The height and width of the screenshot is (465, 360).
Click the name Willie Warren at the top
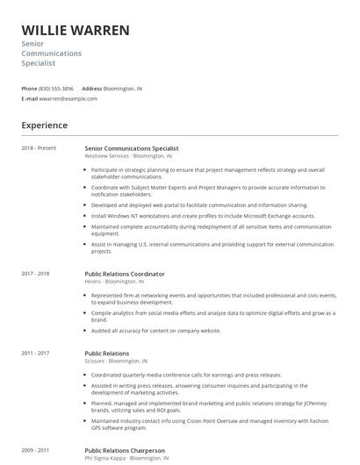tap(76, 31)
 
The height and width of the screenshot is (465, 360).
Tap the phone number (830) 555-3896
tap(56, 89)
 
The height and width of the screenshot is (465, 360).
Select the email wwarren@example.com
tap(68, 99)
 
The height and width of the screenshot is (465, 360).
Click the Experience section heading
tap(45, 125)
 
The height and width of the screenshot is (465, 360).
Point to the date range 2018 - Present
tap(39, 148)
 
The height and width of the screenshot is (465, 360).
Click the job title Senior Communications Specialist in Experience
tap(131, 148)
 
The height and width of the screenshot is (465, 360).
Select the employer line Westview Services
tap(128, 156)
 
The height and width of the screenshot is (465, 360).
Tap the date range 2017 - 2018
tap(35, 274)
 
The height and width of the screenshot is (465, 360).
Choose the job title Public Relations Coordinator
tap(124, 274)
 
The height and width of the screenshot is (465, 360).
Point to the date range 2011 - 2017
tap(35, 353)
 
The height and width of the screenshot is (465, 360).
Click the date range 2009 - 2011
tap(35, 450)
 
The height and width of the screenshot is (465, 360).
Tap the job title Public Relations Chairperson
tap(124, 450)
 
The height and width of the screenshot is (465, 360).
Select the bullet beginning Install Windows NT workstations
tap(203, 215)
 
